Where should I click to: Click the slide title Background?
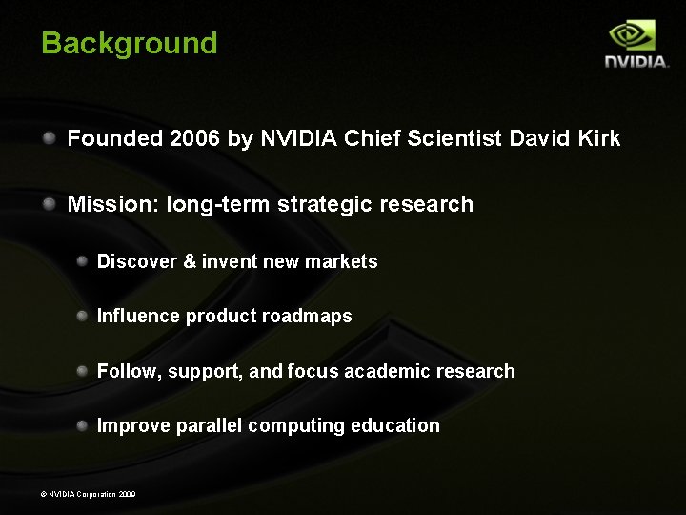click(130, 43)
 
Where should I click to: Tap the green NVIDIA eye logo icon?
click(633, 35)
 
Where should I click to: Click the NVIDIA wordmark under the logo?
click(636, 62)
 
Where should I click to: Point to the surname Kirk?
click(598, 138)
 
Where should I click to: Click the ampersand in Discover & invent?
click(190, 261)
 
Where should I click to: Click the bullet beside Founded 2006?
click(48, 138)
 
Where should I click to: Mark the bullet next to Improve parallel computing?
click(83, 425)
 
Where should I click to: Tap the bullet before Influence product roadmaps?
click(83, 316)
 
